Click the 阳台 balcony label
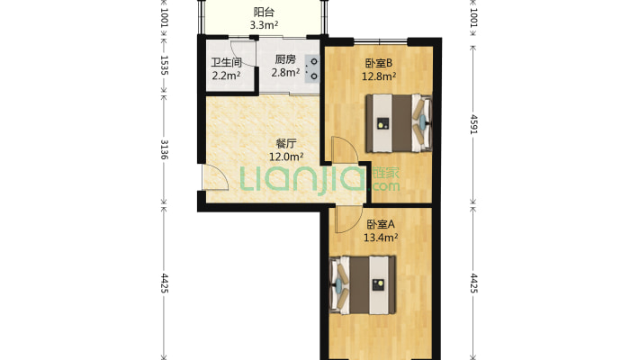pyautogui.click(x=264, y=13)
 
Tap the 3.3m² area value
pyautogui.click(x=264, y=25)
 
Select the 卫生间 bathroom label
pyautogui.click(x=226, y=63)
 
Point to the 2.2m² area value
pyautogui.click(x=226, y=76)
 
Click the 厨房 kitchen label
pyautogui.click(x=285, y=59)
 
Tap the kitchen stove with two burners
pyautogui.click(x=312, y=69)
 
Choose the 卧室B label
pyautogui.click(x=379, y=63)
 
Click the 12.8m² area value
pyautogui.click(x=379, y=76)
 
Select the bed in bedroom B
pyautogui.click(x=398, y=123)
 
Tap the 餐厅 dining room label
pyautogui.click(x=286, y=143)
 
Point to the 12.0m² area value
pyautogui.click(x=286, y=157)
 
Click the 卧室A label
pyautogui.click(x=381, y=224)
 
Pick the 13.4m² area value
pyautogui.click(x=381, y=238)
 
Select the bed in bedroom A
pyautogui.click(x=363, y=285)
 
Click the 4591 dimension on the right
pyautogui.click(x=473, y=124)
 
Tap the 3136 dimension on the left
pyautogui.click(x=164, y=149)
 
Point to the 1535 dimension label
pyautogui.click(x=164, y=65)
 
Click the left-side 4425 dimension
pyautogui.click(x=164, y=283)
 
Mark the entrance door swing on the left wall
pyautogui.click(x=215, y=177)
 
